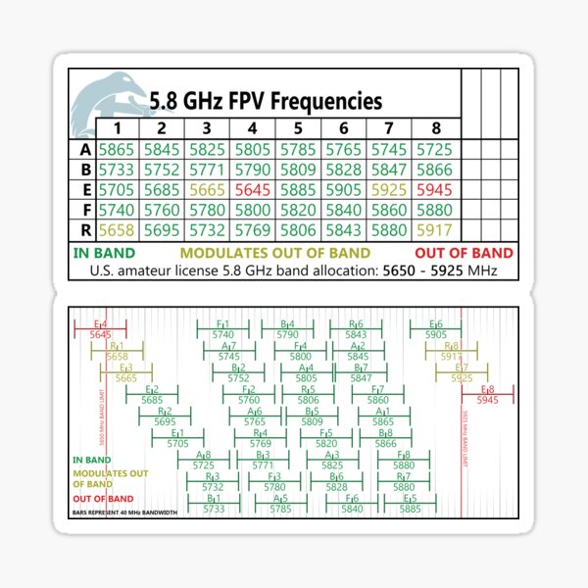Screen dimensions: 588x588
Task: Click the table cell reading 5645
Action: pyautogui.click(x=252, y=189)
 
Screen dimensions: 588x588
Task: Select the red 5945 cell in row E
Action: pyautogui.click(x=434, y=189)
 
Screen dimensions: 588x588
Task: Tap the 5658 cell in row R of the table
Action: pyautogui.click(x=116, y=229)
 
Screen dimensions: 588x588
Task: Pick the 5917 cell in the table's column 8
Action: pyautogui.click(x=434, y=229)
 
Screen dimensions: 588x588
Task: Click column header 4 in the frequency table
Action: pyautogui.click(x=252, y=128)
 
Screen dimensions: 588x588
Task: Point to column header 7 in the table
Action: pyautogui.click(x=389, y=128)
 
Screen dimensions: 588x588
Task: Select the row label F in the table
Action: pyautogui.click(x=84, y=210)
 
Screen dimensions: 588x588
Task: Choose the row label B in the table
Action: pyautogui.click(x=84, y=170)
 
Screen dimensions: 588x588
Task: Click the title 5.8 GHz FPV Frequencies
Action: pyautogui.click(x=266, y=102)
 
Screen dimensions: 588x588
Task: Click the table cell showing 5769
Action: pyautogui.click(x=252, y=229)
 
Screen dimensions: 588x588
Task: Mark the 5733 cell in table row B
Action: pyautogui.click(x=116, y=170)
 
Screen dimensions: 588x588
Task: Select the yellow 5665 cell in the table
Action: pyautogui.click(x=207, y=189)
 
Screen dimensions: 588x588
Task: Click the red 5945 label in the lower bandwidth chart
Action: pyautogui.click(x=487, y=400)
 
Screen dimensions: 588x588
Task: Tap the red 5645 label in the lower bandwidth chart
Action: pyautogui.click(x=100, y=335)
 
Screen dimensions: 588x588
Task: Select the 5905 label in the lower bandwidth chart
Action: pyautogui.click(x=436, y=335)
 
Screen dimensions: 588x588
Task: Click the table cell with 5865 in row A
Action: pyautogui.click(x=116, y=149)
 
